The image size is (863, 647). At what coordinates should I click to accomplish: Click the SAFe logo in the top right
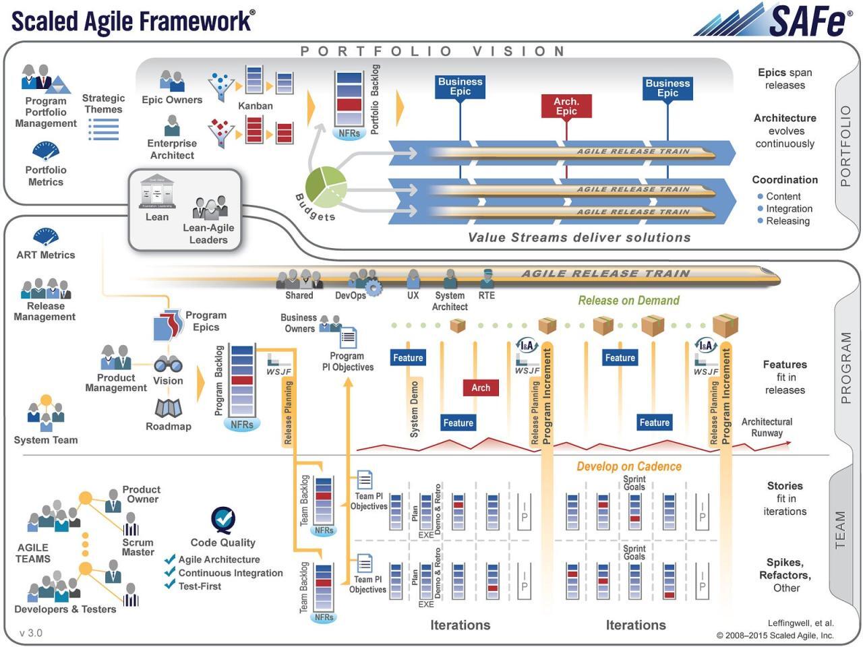775,20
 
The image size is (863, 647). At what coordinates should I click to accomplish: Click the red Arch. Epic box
566,106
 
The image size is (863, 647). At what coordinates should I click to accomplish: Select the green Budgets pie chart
326,187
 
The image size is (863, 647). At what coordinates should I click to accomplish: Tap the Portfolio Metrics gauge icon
45,150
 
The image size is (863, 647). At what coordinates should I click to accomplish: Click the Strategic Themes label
103,104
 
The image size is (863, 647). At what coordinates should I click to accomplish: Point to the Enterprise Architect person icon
173,125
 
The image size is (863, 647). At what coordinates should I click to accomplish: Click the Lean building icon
157,192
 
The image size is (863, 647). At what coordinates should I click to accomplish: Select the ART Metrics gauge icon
45,237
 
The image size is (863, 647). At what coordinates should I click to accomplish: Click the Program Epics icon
168,326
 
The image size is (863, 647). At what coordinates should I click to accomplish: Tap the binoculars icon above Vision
168,365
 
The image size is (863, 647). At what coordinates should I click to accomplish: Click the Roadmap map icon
168,408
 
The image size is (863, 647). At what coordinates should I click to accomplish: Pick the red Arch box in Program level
481,388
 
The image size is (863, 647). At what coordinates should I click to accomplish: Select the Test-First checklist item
200,586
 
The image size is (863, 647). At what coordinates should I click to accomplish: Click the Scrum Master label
138,547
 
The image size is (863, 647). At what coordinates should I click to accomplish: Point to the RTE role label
486,295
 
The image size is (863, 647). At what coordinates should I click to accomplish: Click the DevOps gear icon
374,288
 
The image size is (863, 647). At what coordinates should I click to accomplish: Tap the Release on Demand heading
628,301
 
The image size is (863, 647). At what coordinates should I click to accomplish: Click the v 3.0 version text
31,633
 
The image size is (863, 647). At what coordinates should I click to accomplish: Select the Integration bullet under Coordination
789,209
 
